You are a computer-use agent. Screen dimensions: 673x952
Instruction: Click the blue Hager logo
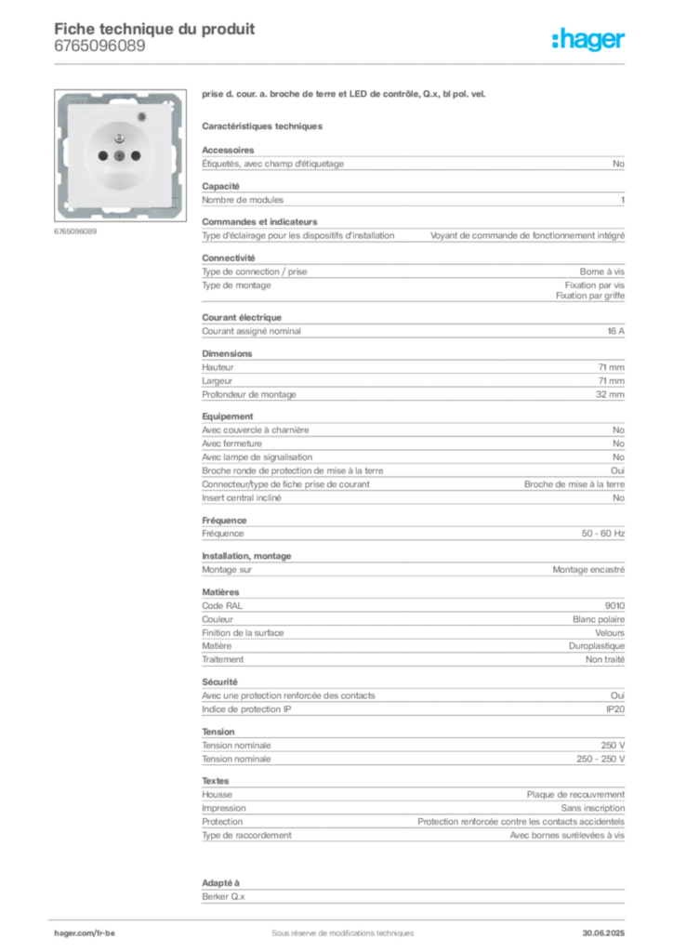[589, 40]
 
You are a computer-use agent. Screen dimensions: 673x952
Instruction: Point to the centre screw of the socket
[121, 157]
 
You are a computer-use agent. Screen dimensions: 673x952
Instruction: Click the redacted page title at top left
[153, 28]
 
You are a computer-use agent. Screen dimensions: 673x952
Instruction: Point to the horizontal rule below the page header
[342, 63]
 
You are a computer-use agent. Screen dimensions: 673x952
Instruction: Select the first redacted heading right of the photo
[345, 96]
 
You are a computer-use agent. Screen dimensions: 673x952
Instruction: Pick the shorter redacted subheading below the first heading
[263, 126]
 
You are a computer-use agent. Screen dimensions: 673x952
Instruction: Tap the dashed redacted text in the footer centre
[335, 926]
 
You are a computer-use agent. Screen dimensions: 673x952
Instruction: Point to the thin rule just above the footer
[342, 915]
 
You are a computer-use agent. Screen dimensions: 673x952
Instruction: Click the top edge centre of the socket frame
[121, 93]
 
